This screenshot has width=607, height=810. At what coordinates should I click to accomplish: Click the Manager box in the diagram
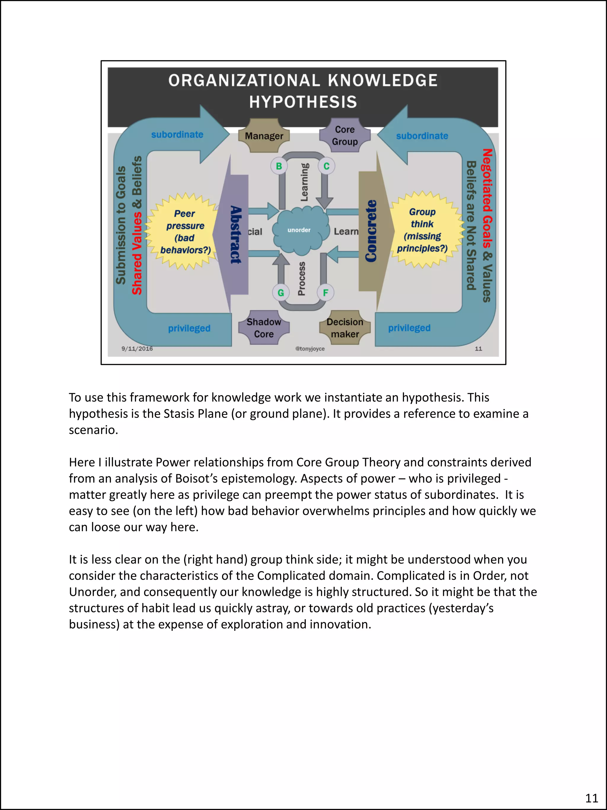click(x=264, y=136)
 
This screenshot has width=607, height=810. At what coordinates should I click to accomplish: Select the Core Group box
click(x=345, y=136)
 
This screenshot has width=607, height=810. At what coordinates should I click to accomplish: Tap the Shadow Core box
click(x=264, y=328)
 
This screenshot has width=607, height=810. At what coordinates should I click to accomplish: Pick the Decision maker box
click(x=345, y=328)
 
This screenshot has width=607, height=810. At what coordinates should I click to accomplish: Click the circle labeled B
click(x=279, y=166)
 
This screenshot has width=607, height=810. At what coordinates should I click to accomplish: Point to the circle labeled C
click(x=326, y=166)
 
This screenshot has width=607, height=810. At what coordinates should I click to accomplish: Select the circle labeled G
click(x=281, y=292)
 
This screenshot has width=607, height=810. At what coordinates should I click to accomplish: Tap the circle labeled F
click(x=325, y=292)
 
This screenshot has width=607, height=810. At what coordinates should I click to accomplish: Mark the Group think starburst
click(x=423, y=230)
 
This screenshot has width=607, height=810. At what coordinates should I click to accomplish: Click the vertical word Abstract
click(x=236, y=234)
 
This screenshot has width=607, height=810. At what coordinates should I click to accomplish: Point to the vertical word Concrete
click(x=371, y=231)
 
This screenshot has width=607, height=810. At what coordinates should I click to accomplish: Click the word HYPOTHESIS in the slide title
click(x=303, y=102)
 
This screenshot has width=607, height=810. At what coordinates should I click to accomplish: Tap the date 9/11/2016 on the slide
click(x=137, y=348)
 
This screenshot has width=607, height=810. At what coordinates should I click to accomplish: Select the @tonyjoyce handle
click(x=310, y=348)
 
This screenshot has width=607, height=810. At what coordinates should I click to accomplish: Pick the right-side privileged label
click(x=409, y=328)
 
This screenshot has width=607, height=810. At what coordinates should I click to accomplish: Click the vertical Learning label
click(x=304, y=182)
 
